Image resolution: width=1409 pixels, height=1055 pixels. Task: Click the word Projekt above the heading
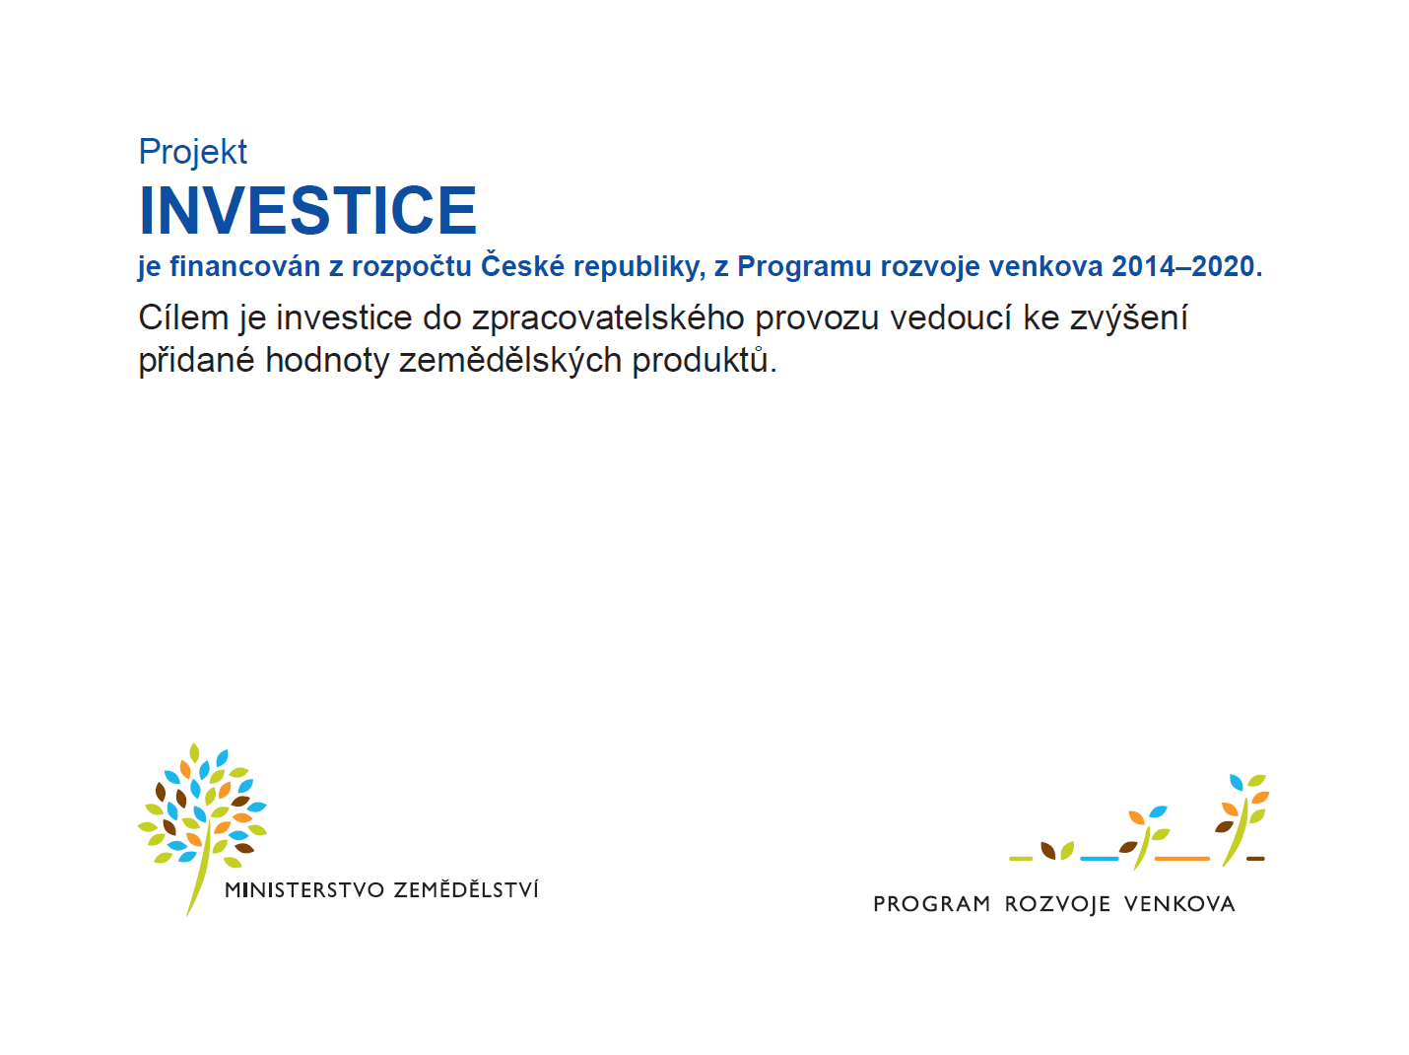[x=192, y=153]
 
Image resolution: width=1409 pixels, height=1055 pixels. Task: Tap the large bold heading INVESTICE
[x=308, y=210]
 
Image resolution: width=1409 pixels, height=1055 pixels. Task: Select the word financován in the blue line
[x=244, y=266]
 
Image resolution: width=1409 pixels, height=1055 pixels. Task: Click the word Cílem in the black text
[x=183, y=317]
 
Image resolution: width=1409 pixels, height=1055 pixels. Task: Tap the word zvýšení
[x=1128, y=317]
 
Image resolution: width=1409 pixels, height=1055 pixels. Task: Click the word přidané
[x=196, y=360]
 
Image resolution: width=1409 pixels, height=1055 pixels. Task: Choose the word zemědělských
[x=510, y=360]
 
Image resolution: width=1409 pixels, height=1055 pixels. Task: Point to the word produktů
[x=704, y=360]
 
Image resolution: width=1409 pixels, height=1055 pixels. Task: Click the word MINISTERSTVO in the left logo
[x=304, y=890]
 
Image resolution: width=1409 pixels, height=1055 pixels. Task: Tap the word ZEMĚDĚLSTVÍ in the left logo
[x=466, y=888]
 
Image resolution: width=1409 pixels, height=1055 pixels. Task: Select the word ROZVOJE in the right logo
[x=1057, y=904]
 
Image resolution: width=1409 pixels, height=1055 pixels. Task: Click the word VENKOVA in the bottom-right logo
[x=1179, y=904]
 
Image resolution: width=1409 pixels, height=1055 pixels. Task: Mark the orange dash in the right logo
[x=1181, y=859]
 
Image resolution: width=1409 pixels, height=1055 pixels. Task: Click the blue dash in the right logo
[x=1100, y=859]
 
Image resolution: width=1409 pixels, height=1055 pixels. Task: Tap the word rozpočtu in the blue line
[x=412, y=267]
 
